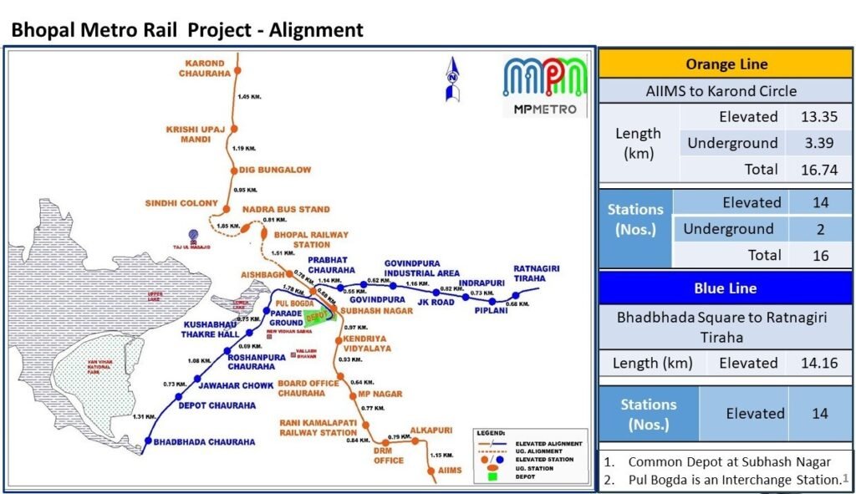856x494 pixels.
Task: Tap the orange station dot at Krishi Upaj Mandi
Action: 236,129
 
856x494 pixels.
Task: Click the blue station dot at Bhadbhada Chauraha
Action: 148,441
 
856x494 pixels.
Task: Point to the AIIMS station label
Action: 450,471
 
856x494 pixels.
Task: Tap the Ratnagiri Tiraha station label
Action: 536,273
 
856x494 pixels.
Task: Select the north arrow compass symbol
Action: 453,79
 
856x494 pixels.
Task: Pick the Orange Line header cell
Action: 726,64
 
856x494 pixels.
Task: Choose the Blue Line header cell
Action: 726,288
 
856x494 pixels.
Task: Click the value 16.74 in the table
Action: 819,170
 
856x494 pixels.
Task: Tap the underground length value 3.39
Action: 819,143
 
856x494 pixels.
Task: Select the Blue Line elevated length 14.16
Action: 819,363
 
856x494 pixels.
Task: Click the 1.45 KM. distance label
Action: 249,98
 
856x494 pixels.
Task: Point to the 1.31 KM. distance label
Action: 146,416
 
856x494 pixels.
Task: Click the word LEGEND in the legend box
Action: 491,433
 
